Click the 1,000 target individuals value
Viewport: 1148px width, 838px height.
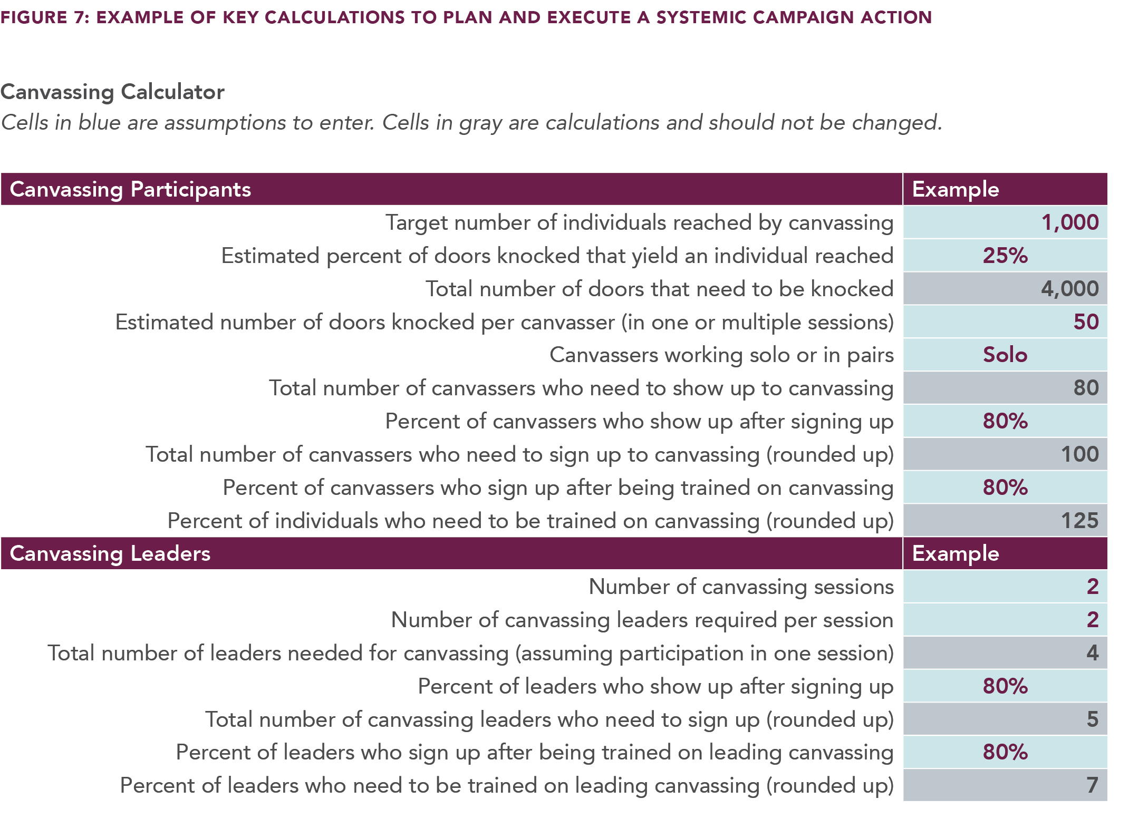(x=1069, y=222)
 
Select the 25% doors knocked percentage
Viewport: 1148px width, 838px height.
(x=1005, y=256)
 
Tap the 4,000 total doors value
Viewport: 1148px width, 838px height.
(x=1069, y=289)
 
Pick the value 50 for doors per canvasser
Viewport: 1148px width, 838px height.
(x=1086, y=322)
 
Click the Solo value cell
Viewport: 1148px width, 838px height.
(x=1005, y=355)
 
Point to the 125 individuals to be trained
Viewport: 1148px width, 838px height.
(x=1079, y=521)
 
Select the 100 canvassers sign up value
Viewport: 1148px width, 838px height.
(x=1079, y=454)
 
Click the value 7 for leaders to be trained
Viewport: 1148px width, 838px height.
(x=1092, y=785)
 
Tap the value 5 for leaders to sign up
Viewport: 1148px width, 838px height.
(x=1092, y=719)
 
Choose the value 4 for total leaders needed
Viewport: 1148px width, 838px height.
(x=1092, y=653)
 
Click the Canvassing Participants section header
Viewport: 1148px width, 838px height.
(x=130, y=189)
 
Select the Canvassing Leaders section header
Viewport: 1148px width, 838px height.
(x=110, y=553)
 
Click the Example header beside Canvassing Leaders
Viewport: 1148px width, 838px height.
(x=956, y=553)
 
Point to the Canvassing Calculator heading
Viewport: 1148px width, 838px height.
(x=112, y=92)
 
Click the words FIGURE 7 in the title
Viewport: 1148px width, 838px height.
(x=45, y=17)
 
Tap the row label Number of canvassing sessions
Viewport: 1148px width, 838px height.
(x=741, y=587)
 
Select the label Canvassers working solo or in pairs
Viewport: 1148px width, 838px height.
(x=721, y=355)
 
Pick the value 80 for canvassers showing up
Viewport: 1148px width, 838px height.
(x=1086, y=388)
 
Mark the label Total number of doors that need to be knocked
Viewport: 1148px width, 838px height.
(x=659, y=289)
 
